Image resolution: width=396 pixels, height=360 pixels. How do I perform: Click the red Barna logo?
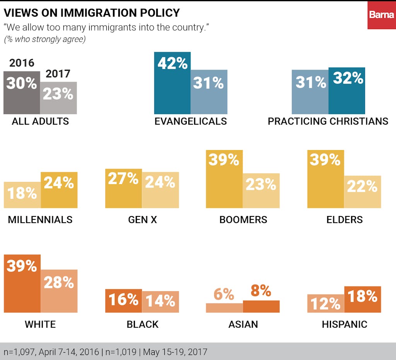[x=381, y=15]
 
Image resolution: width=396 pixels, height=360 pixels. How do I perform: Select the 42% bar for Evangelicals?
[x=172, y=83]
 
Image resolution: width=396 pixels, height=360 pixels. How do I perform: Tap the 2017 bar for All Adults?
[x=58, y=98]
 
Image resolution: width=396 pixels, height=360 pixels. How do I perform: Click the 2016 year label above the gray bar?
[x=22, y=63]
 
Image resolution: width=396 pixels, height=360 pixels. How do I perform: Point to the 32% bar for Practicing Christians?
[x=347, y=91]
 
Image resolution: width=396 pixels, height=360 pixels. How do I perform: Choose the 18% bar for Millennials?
[x=22, y=195]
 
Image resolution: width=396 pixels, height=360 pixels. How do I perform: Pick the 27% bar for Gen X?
[x=123, y=189]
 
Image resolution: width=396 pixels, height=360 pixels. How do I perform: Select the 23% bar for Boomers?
[x=261, y=190]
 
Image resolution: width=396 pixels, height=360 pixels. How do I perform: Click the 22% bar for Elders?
[x=362, y=192]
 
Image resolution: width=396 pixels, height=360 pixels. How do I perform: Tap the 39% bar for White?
[x=22, y=283]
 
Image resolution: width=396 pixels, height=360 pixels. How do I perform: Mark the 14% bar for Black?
[x=160, y=302]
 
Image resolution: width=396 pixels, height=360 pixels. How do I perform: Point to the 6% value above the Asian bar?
[x=224, y=295]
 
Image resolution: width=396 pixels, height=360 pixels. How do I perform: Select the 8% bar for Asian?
[x=261, y=306]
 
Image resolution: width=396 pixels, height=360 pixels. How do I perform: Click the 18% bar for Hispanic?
[x=362, y=299]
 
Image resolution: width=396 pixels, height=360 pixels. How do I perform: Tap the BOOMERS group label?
[x=243, y=220]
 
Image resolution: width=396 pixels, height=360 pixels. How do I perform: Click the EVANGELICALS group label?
[x=191, y=121]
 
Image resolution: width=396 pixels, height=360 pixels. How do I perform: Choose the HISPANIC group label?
[x=345, y=324]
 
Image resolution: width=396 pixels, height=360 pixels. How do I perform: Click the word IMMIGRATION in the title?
[x=101, y=13]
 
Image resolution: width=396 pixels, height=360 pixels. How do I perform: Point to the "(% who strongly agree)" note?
[x=44, y=39]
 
